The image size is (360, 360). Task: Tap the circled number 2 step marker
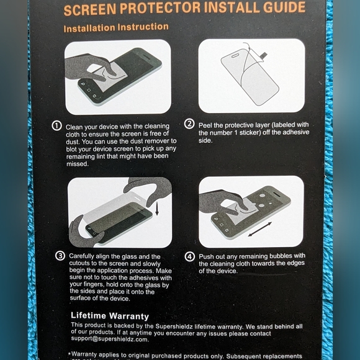(190, 124)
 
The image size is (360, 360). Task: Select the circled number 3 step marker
(60, 256)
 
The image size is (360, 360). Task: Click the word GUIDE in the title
(282, 8)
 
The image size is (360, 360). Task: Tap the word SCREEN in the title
(91, 9)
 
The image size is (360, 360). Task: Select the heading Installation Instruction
(116, 27)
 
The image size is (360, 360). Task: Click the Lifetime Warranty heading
(110, 315)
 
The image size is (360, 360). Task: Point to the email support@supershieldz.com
(109, 340)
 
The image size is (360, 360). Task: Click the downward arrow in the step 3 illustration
(158, 210)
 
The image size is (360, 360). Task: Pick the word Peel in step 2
(206, 124)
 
